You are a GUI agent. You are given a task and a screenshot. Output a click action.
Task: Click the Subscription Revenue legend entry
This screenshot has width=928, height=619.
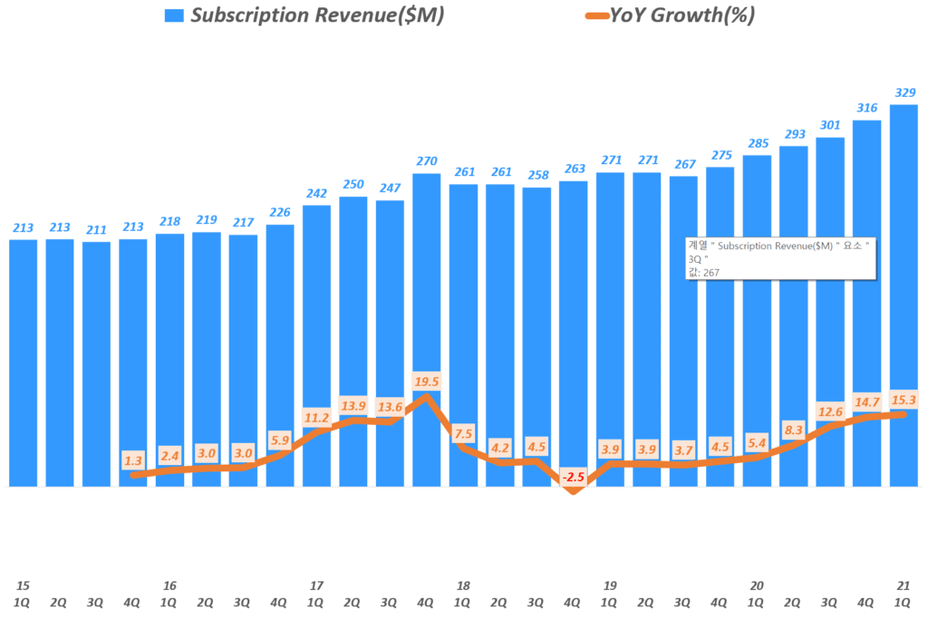pyautogui.click(x=304, y=15)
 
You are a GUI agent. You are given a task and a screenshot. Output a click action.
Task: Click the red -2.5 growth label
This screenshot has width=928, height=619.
pyautogui.click(x=573, y=477)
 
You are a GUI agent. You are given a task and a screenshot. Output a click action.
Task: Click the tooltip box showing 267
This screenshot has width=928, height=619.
pyautogui.click(x=780, y=258)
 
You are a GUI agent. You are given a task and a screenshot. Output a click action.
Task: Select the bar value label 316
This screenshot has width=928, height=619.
pyautogui.click(x=867, y=108)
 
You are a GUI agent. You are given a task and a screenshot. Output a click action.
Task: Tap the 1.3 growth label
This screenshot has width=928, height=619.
pyautogui.click(x=133, y=461)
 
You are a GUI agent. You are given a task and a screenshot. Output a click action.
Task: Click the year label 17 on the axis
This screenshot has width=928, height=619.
pyautogui.click(x=316, y=585)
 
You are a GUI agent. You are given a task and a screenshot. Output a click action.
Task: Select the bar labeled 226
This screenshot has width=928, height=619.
pyautogui.click(x=280, y=353)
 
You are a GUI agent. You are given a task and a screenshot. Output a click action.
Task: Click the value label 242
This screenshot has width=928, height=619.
pyautogui.click(x=316, y=193)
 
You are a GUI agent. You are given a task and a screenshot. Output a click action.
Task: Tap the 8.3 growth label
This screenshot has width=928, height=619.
pyautogui.click(x=793, y=430)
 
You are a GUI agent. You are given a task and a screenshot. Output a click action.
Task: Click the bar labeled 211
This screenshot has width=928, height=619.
pyautogui.click(x=96, y=363)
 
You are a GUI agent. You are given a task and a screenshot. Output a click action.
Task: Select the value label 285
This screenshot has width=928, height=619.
pyautogui.click(x=757, y=143)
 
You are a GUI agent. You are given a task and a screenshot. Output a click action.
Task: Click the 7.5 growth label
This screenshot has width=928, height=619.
pyautogui.click(x=463, y=432)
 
